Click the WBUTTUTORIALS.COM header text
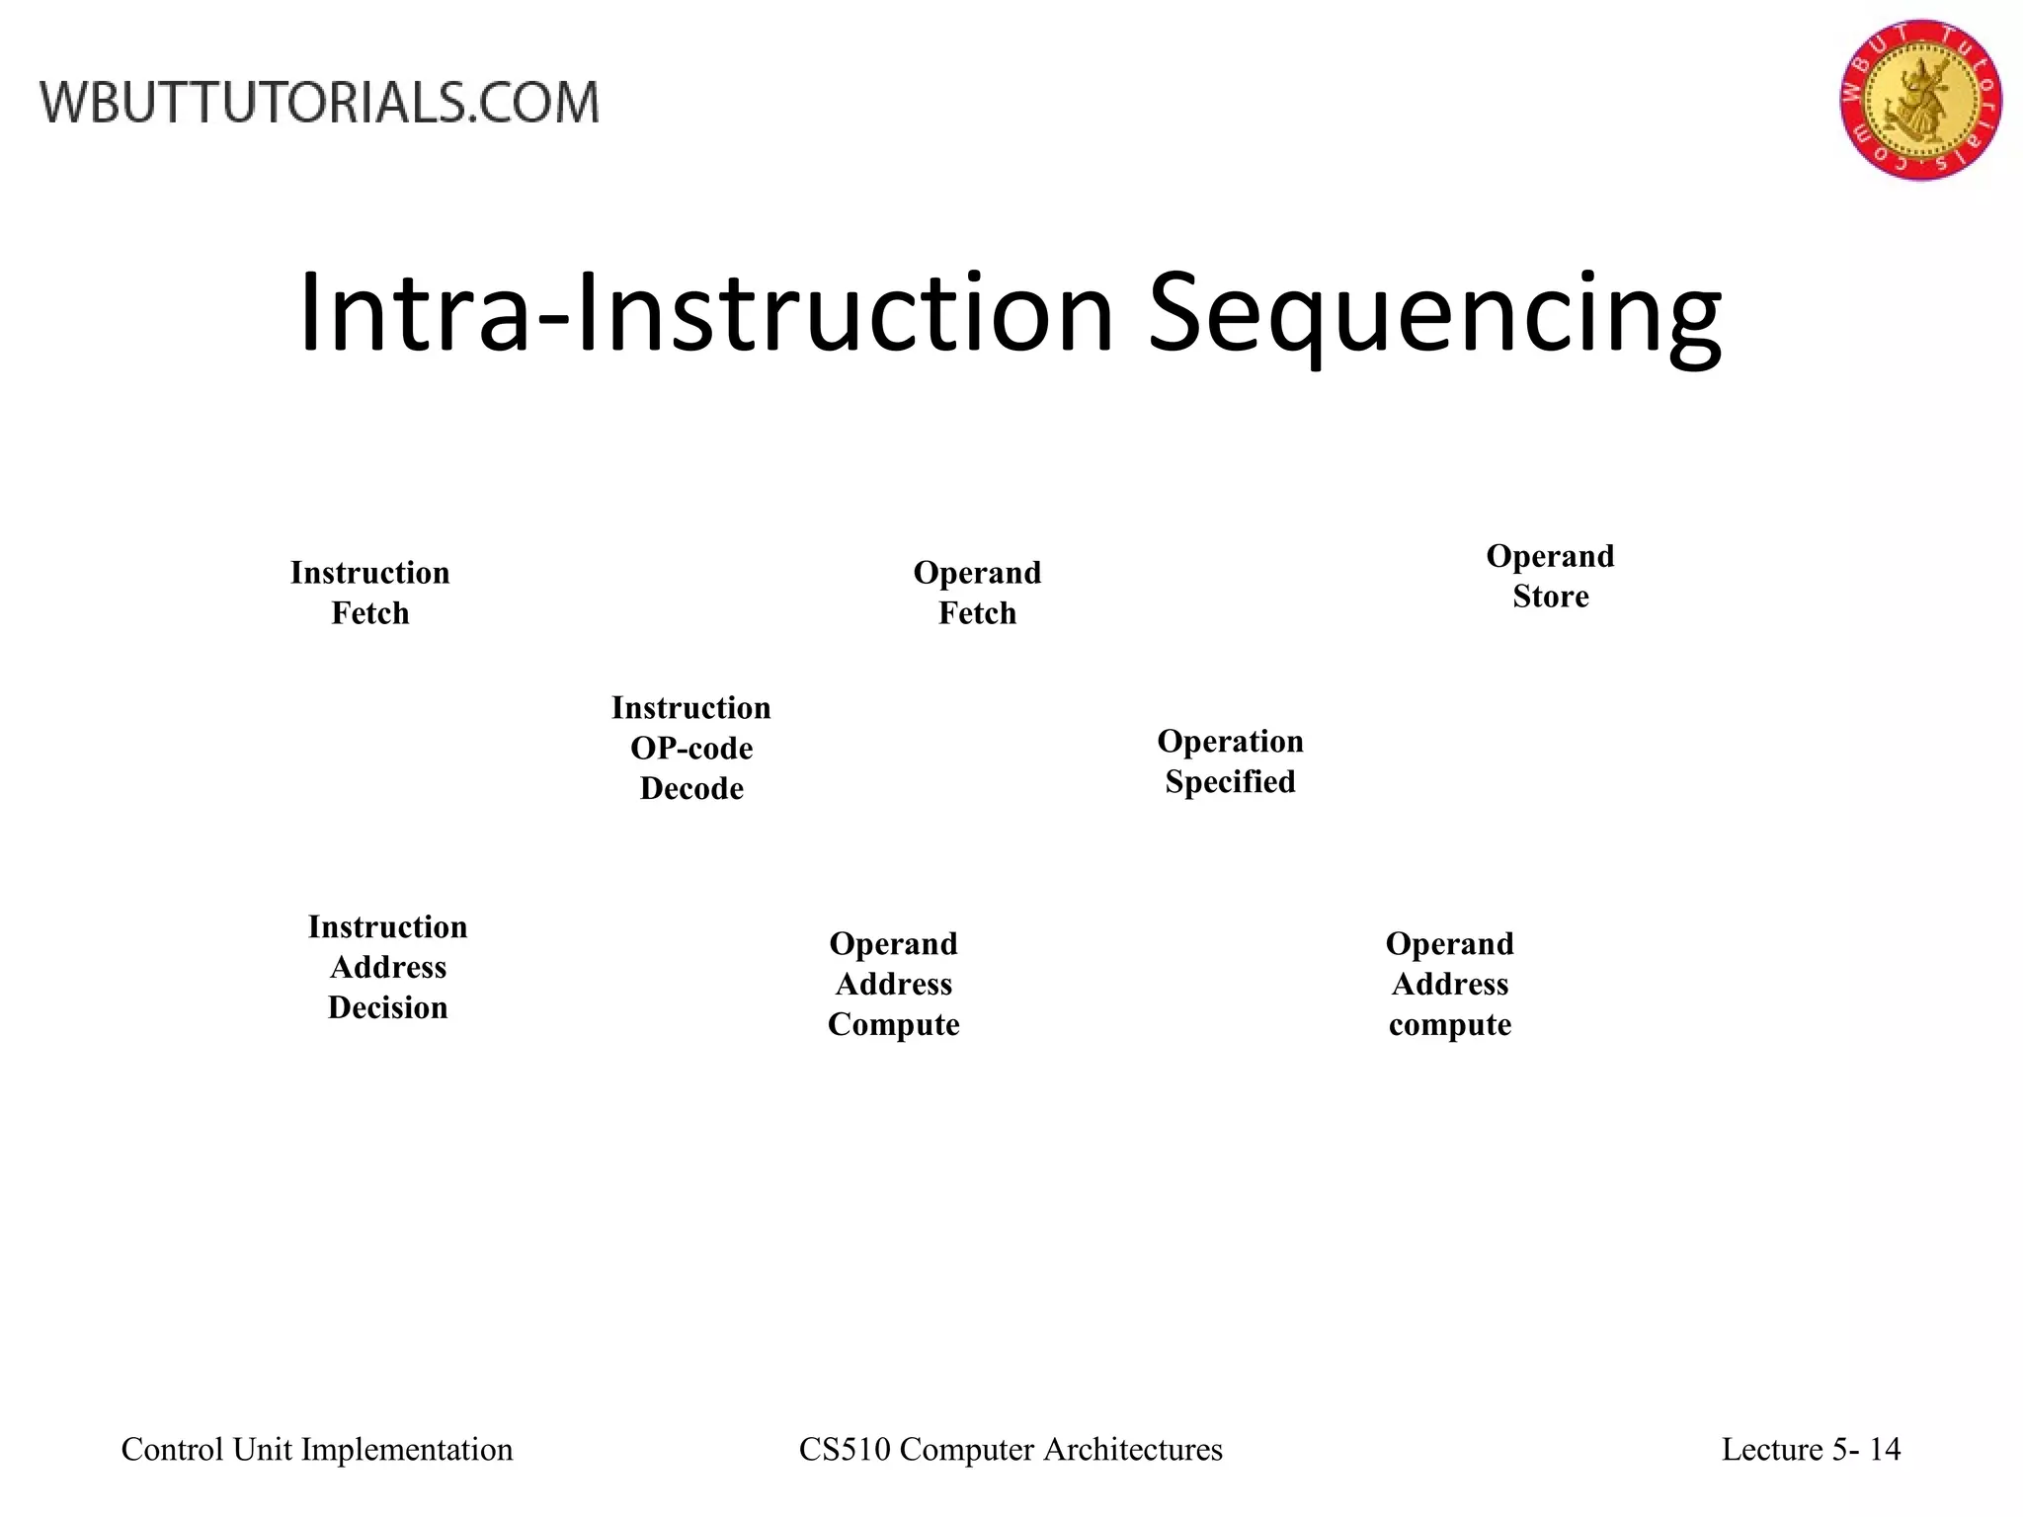tap(320, 103)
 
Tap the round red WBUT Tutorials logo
tap(1920, 100)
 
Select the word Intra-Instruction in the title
tap(705, 314)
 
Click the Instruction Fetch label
tap(369, 593)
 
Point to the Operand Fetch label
tap(977, 593)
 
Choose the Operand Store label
tap(1550, 576)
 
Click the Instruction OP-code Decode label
tap(691, 748)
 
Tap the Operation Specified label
tap(1230, 761)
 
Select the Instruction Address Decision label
tap(387, 967)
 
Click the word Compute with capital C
tap(893, 1025)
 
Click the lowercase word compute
tap(1449, 1025)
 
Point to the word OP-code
tap(691, 749)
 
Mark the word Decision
tap(387, 1007)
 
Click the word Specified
tap(1230, 782)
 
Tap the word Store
tap(1550, 597)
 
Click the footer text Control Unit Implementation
tap(317, 1449)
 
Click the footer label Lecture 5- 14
tap(1811, 1449)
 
